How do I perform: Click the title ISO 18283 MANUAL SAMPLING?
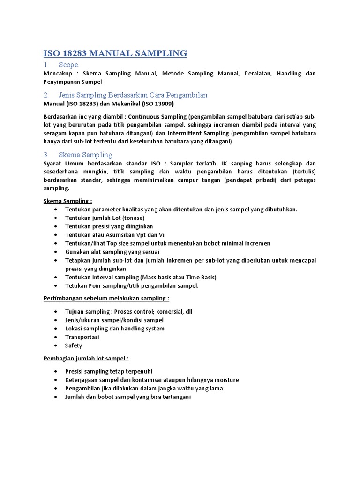[x=115, y=53]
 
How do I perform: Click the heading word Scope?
[x=69, y=65]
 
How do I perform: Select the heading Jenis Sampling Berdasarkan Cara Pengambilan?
[x=133, y=95]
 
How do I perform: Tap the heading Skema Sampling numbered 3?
[x=85, y=154]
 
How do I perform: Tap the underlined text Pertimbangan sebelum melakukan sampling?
[x=106, y=298]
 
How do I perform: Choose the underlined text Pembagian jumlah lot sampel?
[x=86, y=358]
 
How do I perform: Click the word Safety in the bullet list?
[x=74, y=345]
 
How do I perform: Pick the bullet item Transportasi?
[x=82, y=337]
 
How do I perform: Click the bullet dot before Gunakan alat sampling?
[x=56, y=252]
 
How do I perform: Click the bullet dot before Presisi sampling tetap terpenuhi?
[x=56, y=371]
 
